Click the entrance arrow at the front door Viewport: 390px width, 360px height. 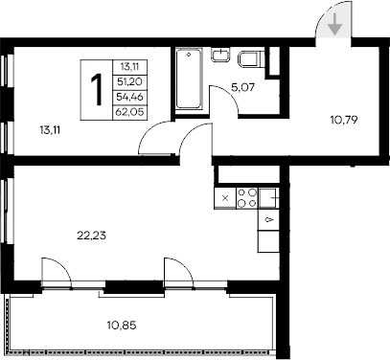333,26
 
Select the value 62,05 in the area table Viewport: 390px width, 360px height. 127,111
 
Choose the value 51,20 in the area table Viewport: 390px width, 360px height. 127,81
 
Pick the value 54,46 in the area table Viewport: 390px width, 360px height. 127,97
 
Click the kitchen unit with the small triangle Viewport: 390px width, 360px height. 268,220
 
